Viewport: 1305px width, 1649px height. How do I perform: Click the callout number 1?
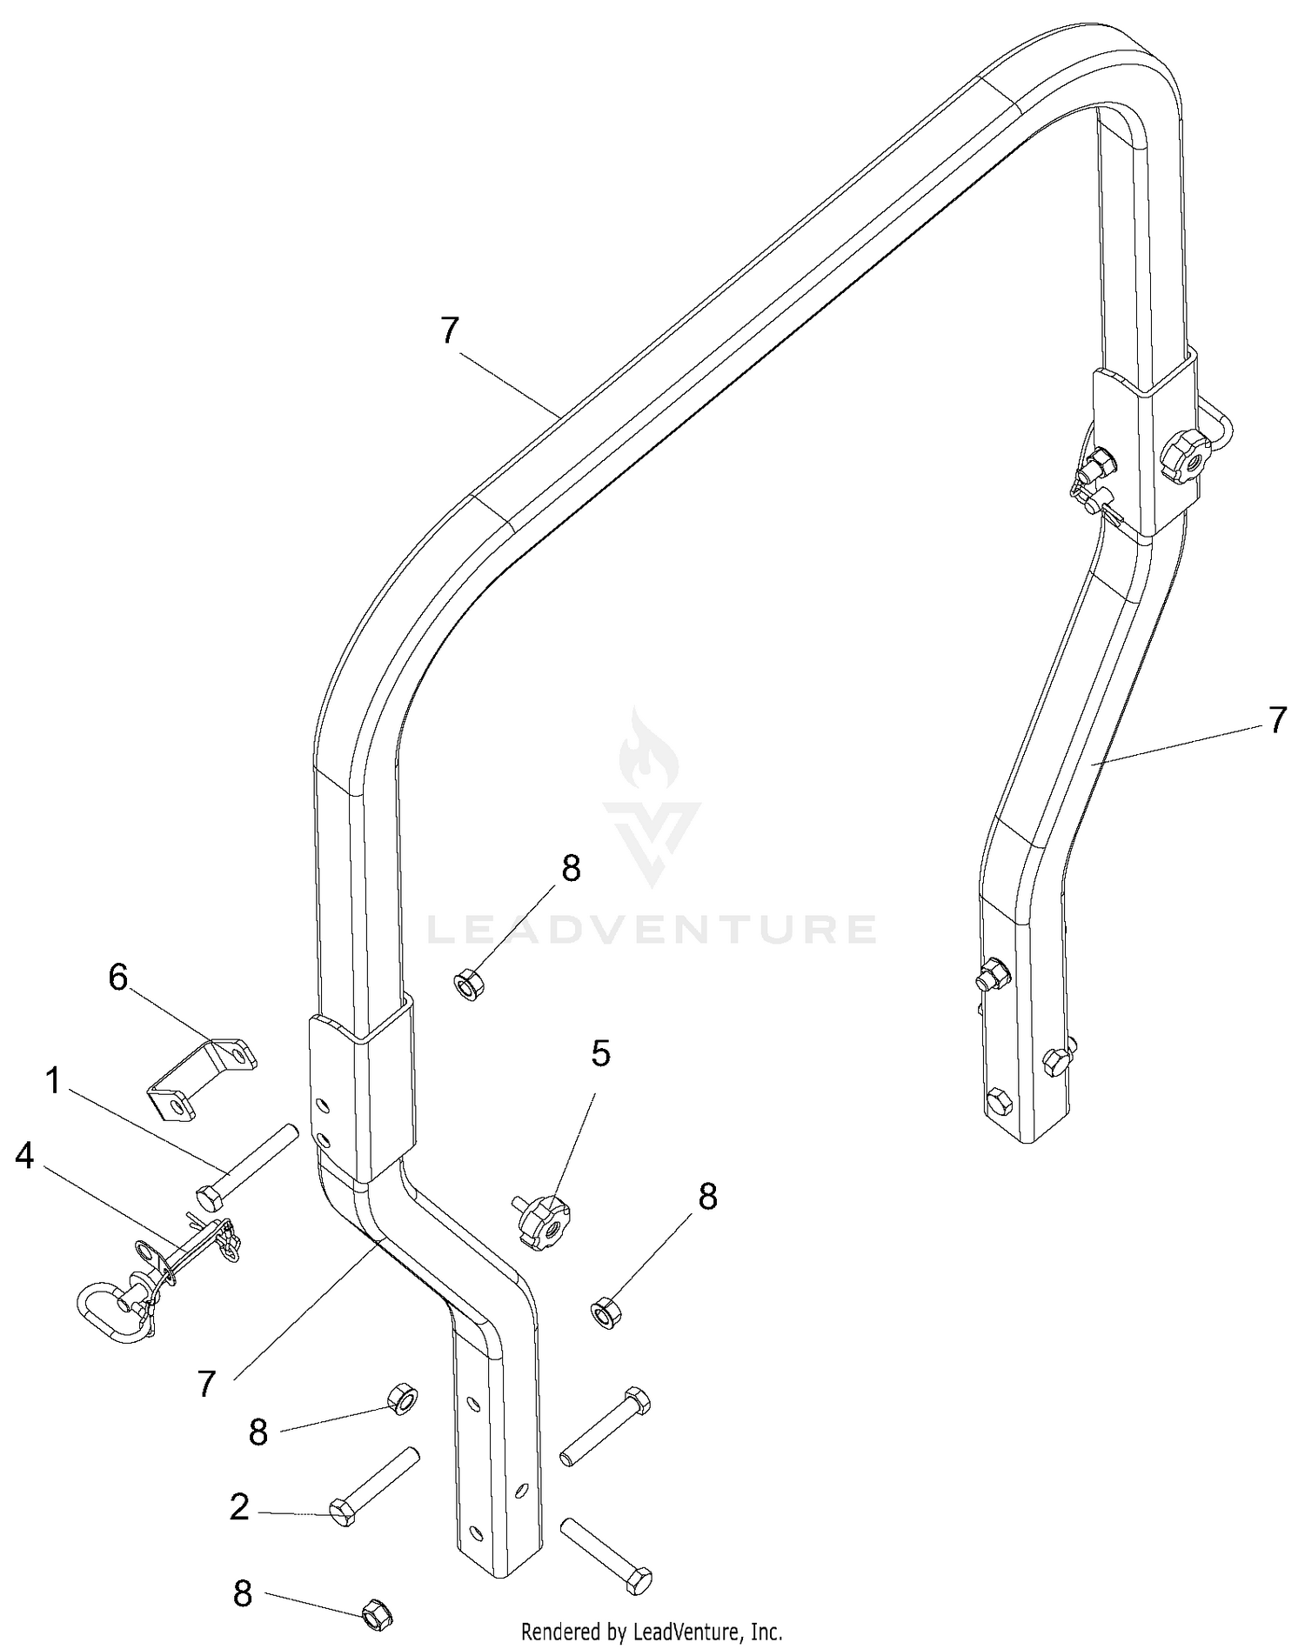point(53,1081)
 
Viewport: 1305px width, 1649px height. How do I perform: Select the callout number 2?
point(240,1507)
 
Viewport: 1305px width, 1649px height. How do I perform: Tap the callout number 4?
point(24,1156)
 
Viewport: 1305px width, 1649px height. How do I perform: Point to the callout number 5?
point(600,1053)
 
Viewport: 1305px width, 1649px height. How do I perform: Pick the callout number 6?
point(118,977)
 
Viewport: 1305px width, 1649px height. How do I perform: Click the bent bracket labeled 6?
point(202,1078)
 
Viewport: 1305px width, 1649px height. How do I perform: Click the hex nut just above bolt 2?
point(402,1399)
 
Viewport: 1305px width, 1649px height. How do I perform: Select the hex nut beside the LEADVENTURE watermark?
point(470,986)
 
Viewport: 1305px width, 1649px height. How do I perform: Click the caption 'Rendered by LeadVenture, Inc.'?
point(652,1631)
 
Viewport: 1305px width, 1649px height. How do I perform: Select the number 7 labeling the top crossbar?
point(449,331)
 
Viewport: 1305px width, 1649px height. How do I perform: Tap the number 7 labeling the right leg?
point(1275,720)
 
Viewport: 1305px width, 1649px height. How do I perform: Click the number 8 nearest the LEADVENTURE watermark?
point(571,868)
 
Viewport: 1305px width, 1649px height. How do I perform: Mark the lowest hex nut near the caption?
point(376,1612)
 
